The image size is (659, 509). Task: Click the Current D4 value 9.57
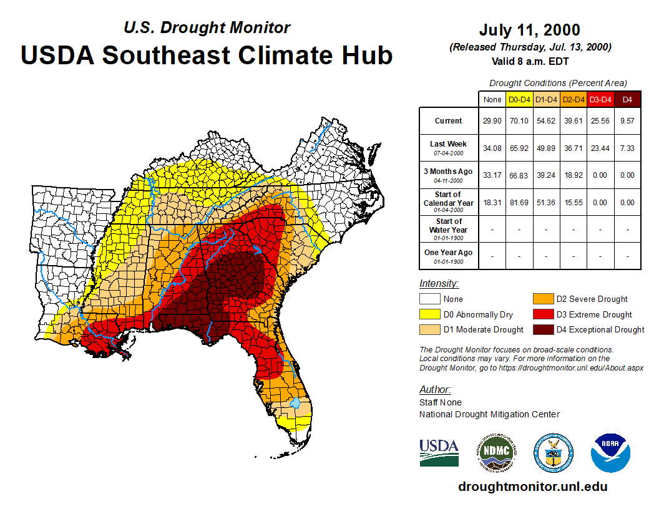pos(627,121)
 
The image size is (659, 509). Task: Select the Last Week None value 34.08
pos(492,148)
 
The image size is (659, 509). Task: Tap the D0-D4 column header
pos(520,99)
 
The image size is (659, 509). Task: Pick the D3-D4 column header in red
pos(600,99)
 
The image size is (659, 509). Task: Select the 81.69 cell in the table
pos(520,202)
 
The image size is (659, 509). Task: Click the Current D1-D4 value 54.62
pos(546,121)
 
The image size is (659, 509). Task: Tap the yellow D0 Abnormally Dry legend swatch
pos(429,314)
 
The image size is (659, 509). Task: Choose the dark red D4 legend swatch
pos(542,329)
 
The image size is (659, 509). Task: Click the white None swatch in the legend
pos(429,299)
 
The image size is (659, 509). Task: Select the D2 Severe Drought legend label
pos(592,299)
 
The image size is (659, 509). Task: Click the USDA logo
pos(439,452)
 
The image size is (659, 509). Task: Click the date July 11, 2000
pos(529,30)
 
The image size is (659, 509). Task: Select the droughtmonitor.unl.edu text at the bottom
pos(532,487)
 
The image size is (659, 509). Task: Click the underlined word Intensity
pos(439,284)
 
